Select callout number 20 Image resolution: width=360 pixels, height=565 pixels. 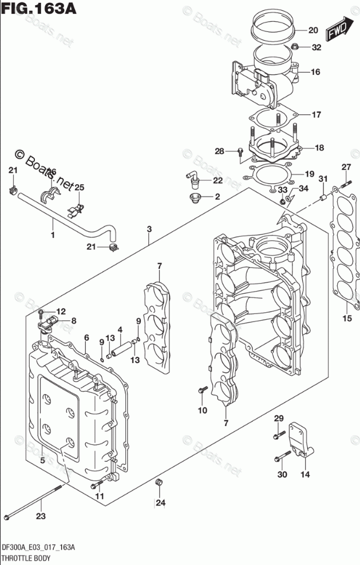(x=312, y=30)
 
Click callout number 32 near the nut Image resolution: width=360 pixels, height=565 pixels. (x=317, y=48)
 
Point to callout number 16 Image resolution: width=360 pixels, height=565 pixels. (x=315, y=72)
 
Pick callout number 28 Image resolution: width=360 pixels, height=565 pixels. (x=219, y=151)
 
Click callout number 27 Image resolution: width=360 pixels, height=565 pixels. (x=346, y=167)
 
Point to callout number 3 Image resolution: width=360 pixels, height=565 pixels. (x=149, y=229)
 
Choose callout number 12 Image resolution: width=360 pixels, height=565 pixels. (x=61, y=311)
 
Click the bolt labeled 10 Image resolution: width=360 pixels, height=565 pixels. (x=201, y=391)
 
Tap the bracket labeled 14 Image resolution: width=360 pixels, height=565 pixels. (x=300, y=440)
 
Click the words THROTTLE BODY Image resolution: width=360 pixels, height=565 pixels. (x=26, y=557)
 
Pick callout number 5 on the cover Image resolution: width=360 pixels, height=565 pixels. (x=42, y=460)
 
